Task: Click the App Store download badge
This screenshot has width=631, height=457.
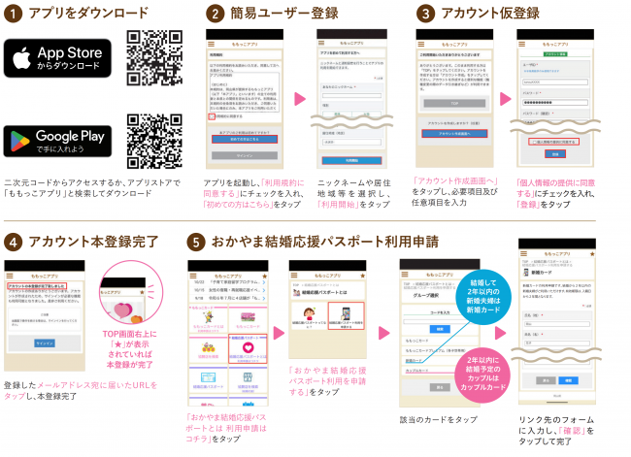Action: pyautogui.click(x=58, y=59)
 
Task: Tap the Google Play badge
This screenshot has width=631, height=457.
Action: pyautogui.click(x=58, y=141)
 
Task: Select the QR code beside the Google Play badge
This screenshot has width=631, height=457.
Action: pyautogui.click(x=154, y=142)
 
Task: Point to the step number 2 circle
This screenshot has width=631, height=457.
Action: pyautogui.click(x=215, y=14)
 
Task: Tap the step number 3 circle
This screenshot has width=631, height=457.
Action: pyautogui.click(x=425, y=14)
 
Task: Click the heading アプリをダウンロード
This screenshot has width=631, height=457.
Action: pyautogui.click(x=88, y=14)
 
